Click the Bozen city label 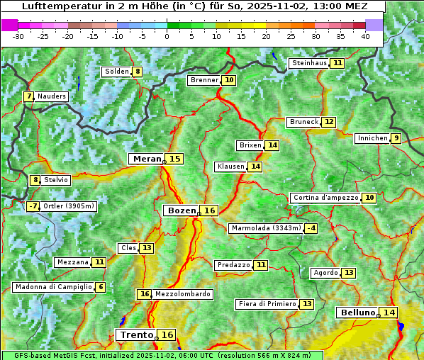(x=181, y=210)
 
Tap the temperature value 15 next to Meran (x=174, y=159)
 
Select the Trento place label (x=136, y=334)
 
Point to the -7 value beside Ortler (x=33, y=206)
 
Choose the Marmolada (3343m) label (x=266, y=228)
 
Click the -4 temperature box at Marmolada (x=311, y=228)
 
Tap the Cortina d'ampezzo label (x=325, y=198)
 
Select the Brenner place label (x=204, y=80)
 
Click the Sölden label (x=116, y=72)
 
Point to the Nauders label (x=52, y=96)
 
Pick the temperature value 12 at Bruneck (x=329, y=122)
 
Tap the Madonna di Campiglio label (x=53, y=287)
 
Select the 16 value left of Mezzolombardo (x=145, y=294)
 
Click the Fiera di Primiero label (x=267, y=304)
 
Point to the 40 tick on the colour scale (x=365, y=36)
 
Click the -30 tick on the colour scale (x=18, y=36)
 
